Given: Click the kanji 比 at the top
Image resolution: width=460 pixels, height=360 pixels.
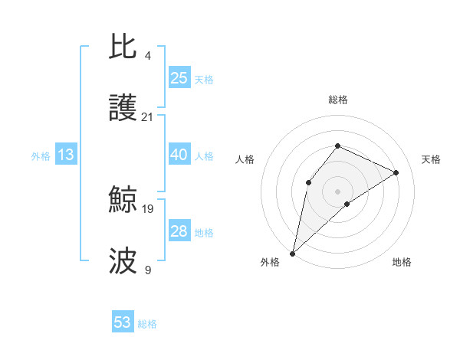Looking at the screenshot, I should (123, 47).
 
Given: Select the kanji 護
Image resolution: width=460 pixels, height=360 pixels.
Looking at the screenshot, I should (123, 109).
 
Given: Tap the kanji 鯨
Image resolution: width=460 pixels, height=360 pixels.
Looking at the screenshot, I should (123, 201).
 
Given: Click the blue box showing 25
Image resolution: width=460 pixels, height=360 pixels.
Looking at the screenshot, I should (179, 77).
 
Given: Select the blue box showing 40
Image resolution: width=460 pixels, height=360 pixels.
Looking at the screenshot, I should (179, 155).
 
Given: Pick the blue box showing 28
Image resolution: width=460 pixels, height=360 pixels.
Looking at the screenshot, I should (179, 231).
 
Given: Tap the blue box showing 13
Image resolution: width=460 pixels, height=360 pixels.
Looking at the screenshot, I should (66, 155).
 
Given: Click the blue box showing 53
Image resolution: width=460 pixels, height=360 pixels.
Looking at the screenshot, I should (123, 322).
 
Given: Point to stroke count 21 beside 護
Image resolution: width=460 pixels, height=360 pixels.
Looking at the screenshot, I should (147, 117).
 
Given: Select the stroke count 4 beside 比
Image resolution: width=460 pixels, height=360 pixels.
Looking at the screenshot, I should (147, 55).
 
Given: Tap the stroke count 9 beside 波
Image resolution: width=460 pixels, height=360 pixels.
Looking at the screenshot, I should (147, 270).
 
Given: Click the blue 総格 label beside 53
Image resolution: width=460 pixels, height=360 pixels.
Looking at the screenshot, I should (147, 324).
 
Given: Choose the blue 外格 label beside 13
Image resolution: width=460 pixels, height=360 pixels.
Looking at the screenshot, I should (41, 156).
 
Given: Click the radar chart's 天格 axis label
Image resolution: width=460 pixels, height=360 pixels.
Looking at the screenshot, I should (431, 159).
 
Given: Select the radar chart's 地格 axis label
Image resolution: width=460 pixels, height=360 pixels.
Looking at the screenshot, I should (402, 262).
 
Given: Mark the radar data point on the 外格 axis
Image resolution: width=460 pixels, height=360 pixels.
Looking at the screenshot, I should (292, 253).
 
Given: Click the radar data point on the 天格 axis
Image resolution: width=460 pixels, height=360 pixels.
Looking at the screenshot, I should (396, 173).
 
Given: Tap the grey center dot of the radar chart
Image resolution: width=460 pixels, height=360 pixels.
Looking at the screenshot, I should (337, 191).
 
